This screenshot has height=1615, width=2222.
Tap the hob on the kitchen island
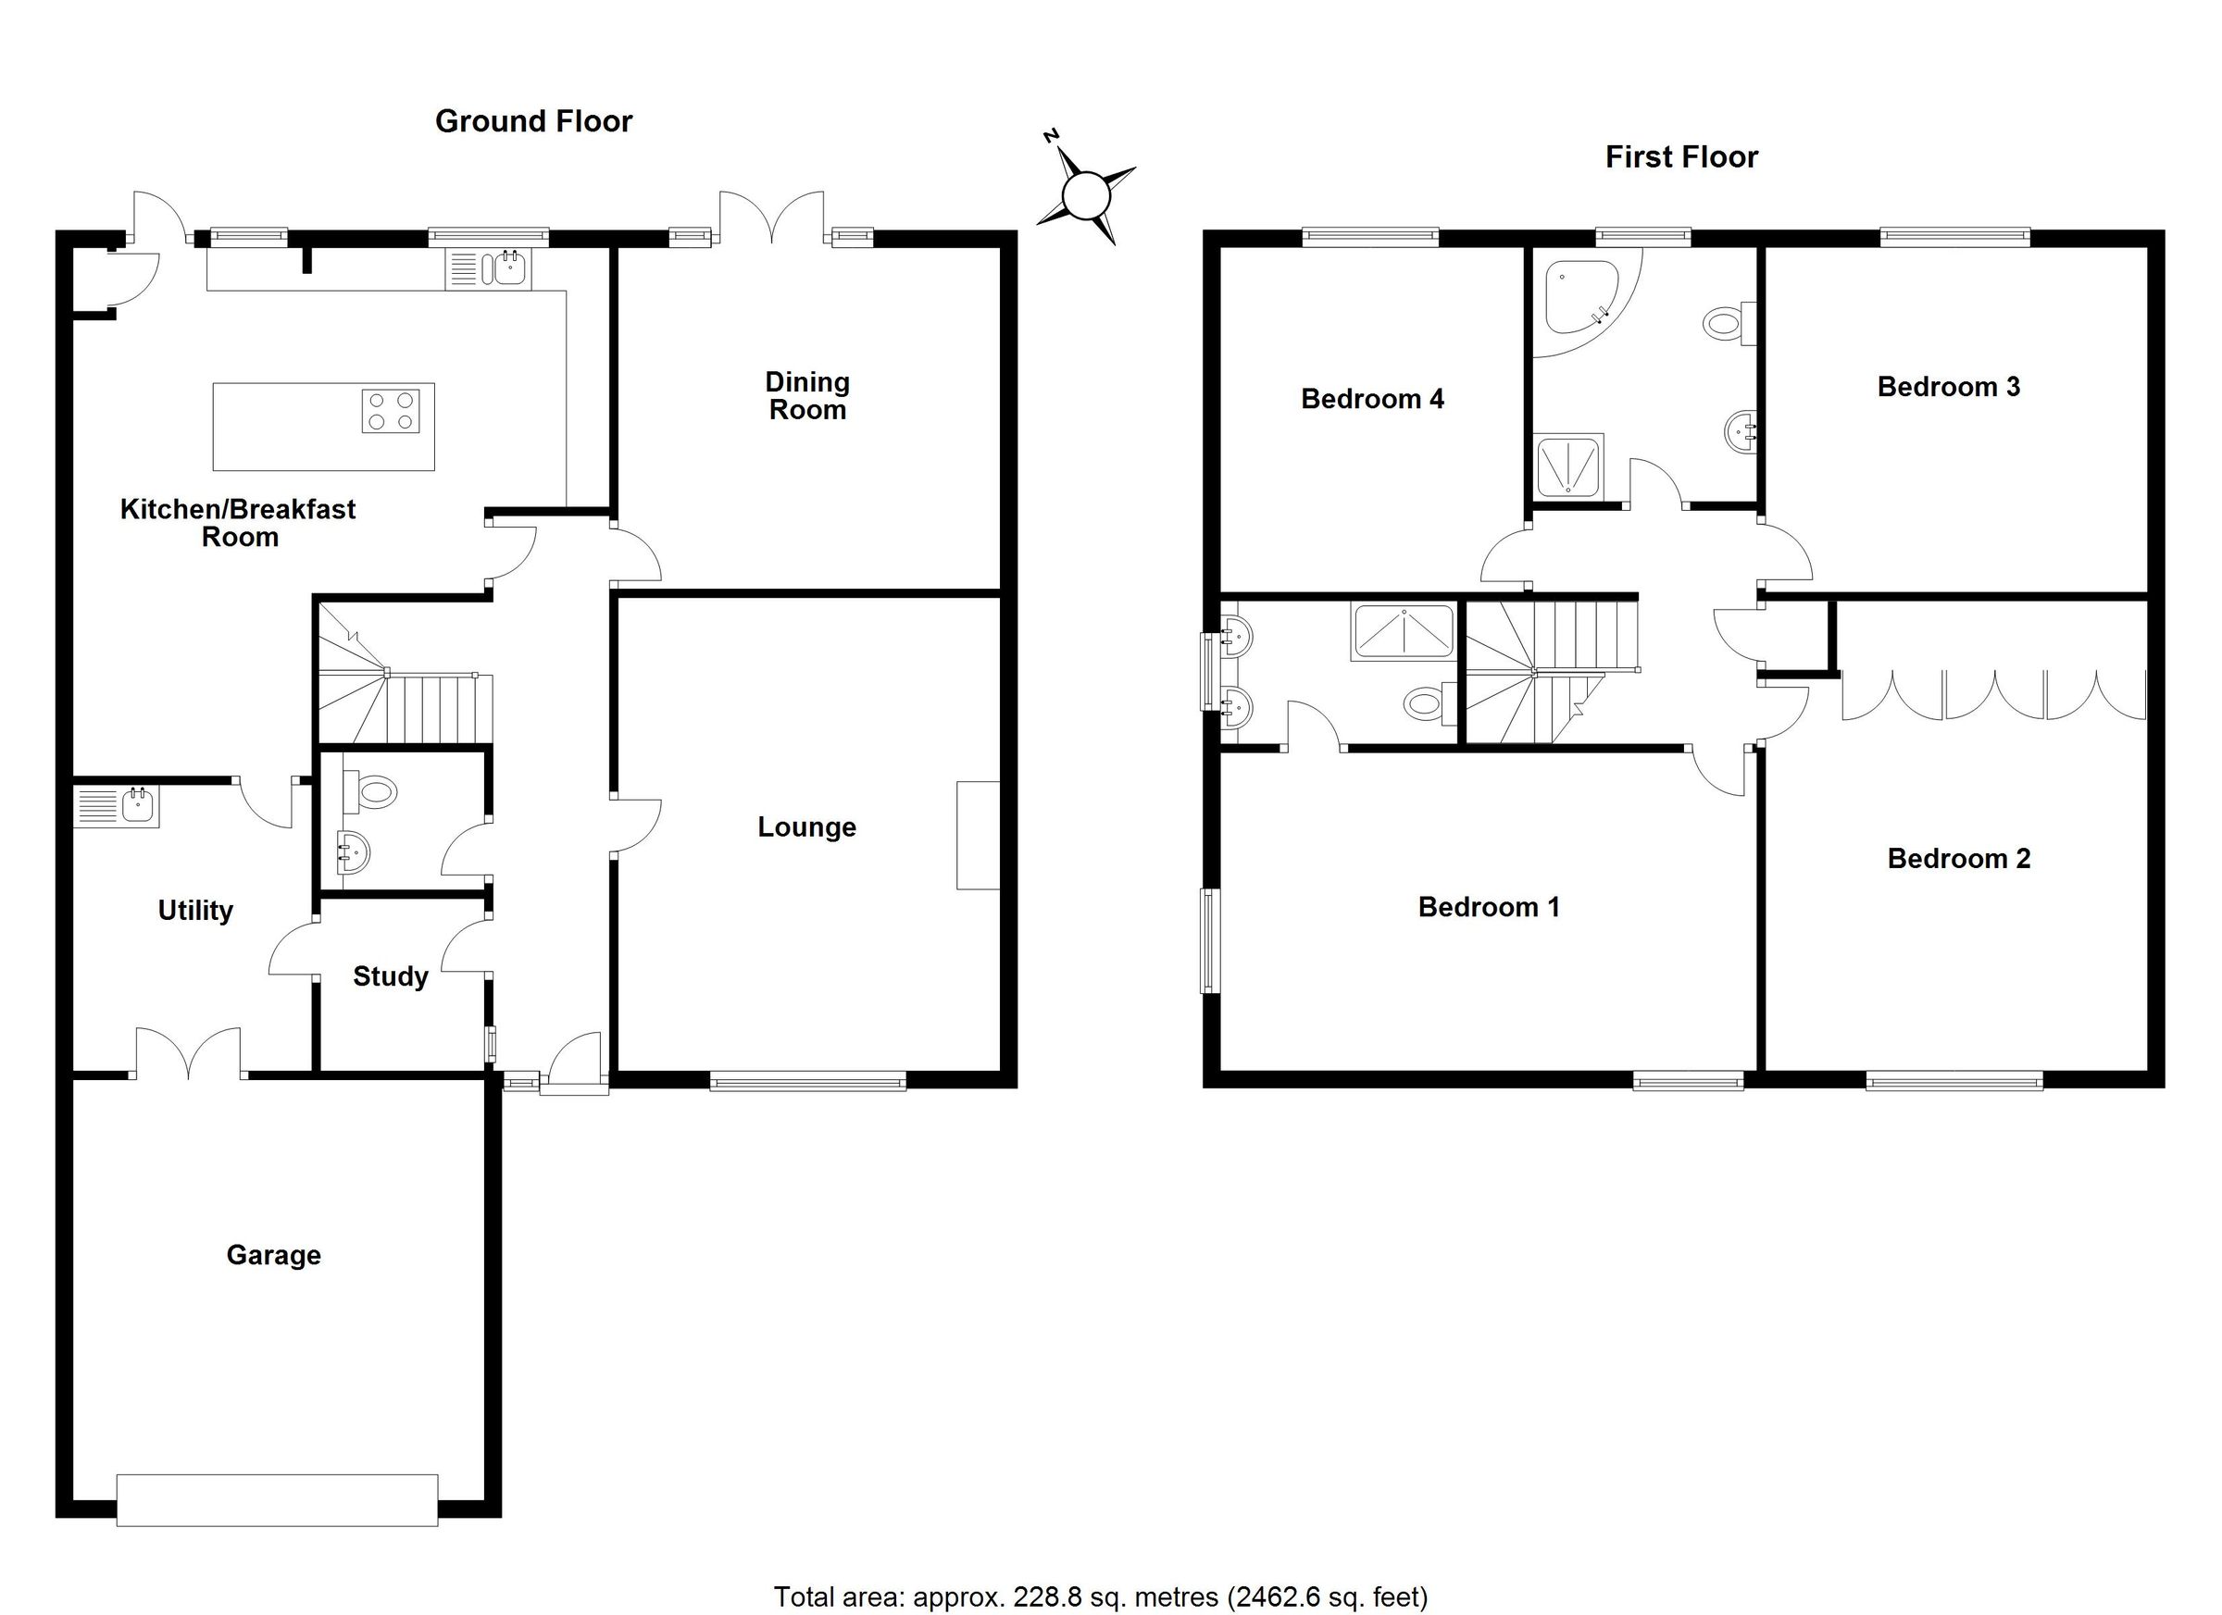[x=391, y=410]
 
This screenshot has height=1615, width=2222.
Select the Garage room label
[x=273, y=1255]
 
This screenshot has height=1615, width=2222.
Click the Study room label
[x=390, y=976]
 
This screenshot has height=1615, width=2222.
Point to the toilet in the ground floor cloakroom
[x=371, y=790]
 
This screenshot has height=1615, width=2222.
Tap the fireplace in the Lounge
[x=977, y=835]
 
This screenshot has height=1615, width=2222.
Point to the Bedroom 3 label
[x=1948, y=387]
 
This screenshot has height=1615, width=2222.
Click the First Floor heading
[x=1681, y=156]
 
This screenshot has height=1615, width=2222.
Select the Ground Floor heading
[x=533, y=121]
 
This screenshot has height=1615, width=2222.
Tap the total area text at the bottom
[x=1100, y=1596]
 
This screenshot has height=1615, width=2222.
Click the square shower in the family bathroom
[x=1567, y=467]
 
